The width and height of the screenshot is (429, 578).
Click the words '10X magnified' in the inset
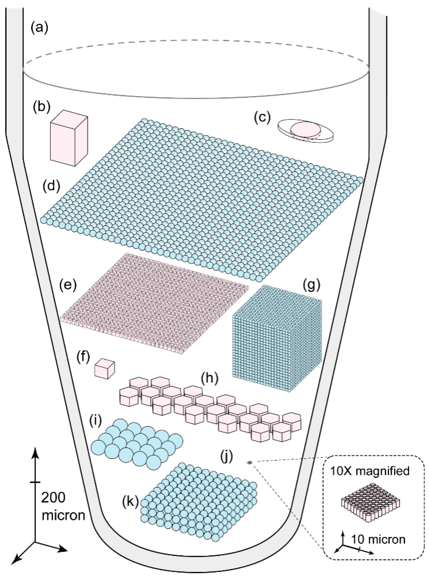coord(370,471)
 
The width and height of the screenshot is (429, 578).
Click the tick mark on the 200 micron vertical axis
coord(36,482)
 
